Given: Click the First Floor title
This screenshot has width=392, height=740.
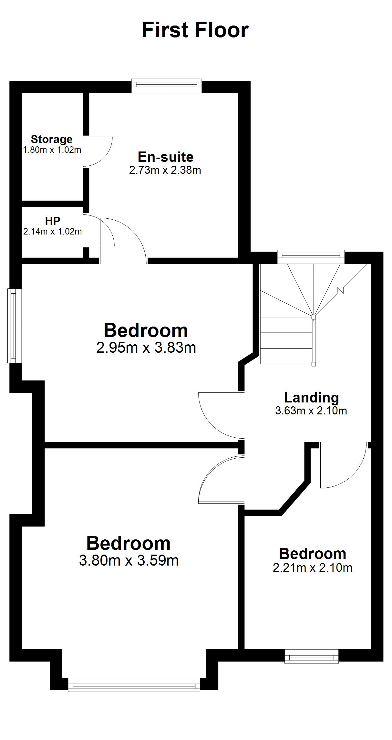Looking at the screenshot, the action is point(195,30).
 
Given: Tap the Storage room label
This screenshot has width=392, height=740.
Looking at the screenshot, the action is point(52,139).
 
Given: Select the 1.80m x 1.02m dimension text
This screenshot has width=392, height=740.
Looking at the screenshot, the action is point(52,150).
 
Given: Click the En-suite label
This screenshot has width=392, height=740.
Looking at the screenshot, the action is point(166,157).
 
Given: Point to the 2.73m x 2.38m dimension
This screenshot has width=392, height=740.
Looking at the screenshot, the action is point(165,170).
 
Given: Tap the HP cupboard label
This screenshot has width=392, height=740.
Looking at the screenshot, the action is point(53,221).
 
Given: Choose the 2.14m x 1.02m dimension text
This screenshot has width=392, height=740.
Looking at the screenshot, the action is point(52,232).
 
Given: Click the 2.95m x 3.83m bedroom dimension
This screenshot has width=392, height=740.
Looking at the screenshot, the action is point(146,348).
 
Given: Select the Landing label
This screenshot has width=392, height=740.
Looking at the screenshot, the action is point(312,398).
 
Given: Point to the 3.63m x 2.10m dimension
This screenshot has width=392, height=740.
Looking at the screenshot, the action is point(311,411).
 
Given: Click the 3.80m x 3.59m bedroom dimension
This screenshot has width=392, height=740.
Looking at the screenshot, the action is point(129,560).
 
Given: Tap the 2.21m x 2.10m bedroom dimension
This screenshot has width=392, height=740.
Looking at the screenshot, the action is point(313,568).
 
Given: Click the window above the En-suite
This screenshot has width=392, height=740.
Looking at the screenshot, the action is point(167,86).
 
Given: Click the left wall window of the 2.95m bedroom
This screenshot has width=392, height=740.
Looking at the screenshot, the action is point(14,326).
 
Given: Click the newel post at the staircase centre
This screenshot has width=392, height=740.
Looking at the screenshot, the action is point(314,317).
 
